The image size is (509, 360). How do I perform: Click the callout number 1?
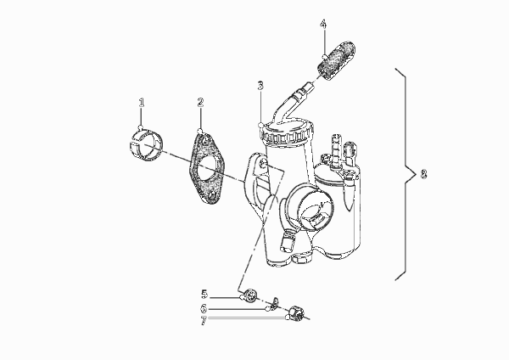coord(141,103)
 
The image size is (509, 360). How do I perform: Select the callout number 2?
coord(200,103)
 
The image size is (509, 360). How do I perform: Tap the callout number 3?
coord(260,86)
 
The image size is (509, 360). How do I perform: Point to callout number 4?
coord(323,24)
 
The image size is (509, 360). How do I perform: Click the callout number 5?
coord(204,295)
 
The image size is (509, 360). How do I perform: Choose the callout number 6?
coord(204,308)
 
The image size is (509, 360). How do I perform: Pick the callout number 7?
coord(204,321)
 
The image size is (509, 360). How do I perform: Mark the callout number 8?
coord(423,174)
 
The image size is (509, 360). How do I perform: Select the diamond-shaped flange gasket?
coord(206,168)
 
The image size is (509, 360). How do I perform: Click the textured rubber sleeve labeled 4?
coord(336,59)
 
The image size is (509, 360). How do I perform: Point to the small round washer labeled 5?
coord(251,295)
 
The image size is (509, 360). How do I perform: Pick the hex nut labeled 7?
coord(296,313)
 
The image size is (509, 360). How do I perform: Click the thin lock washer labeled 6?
coord(275,303)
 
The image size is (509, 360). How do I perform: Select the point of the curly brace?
coord(416,174)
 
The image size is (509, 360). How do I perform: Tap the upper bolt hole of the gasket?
coord(205,141)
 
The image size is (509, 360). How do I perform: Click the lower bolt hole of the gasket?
coord(212,195)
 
